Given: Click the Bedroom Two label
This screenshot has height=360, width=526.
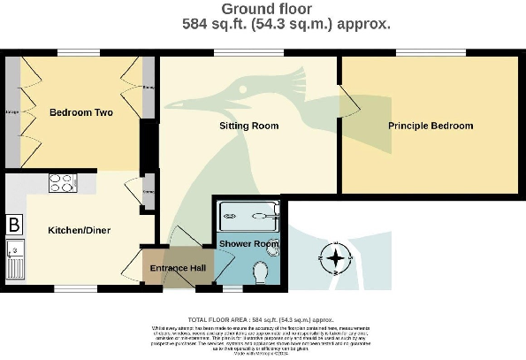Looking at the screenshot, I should pos(74,112).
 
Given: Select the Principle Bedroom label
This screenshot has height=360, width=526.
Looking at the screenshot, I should pos(431,126).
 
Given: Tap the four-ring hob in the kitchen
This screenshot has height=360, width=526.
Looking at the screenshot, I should pos(61,183).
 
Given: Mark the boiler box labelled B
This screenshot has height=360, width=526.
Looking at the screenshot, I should pos(13,225).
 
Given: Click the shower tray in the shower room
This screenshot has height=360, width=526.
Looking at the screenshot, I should pos(248,213).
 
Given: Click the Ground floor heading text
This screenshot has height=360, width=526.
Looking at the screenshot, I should pos(263,9).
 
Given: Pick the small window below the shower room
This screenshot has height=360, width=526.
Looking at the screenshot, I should pos(233,287).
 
